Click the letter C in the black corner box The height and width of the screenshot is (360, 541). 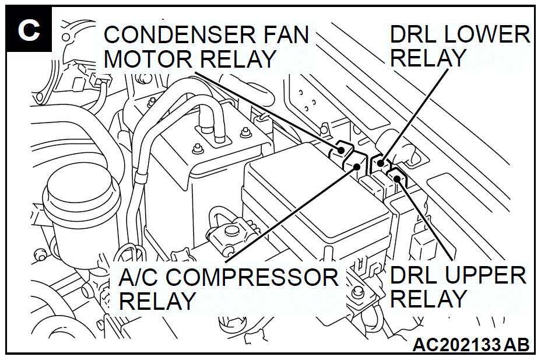pos(29,30)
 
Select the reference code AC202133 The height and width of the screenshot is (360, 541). pos(456,345)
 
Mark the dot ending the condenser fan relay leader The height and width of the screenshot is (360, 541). pos(341,150)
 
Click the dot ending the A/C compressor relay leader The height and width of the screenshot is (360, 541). pos(357,167)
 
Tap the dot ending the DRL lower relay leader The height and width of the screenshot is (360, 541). pos(381,163)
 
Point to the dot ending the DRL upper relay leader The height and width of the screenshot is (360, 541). pos(397,178)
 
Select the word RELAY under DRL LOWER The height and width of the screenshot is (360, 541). pos(428,58)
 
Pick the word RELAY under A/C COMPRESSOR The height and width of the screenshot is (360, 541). pos(157,301)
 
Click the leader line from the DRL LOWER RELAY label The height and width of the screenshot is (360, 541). pos(414,116)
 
